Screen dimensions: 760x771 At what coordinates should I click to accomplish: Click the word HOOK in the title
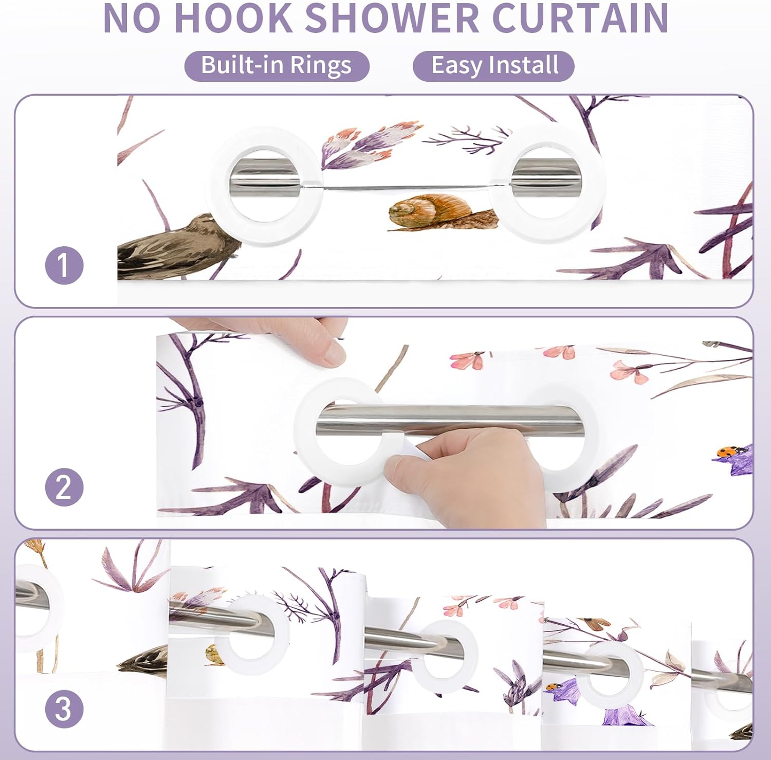click(x=234, y=19)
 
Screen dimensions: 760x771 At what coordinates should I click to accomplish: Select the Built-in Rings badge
click(x=277, y=66)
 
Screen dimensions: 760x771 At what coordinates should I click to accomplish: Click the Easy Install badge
click(x=493, y=66)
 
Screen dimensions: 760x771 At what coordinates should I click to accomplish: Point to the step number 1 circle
click(x=64, y=265)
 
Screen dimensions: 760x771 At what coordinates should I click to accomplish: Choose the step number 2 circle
click(x=64, y=486)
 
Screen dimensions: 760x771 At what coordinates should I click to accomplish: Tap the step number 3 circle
click(x=64, y=709)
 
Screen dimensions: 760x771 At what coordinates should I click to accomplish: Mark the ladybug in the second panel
click(x=726, y=452)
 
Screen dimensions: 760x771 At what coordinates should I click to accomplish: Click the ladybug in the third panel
click(x=553, y=686)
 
